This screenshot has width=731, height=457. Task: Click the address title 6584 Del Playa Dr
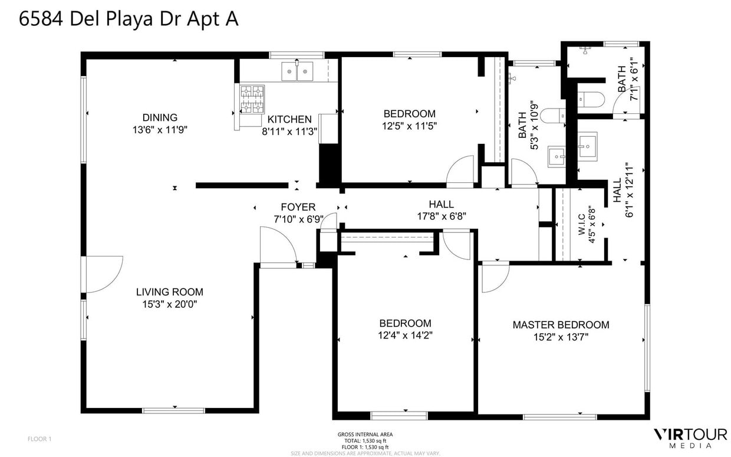click(129, 19)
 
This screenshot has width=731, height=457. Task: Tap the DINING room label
click(159, 117)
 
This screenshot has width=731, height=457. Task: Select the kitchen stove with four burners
click(252, 98)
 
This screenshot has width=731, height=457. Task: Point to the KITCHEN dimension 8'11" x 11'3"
click(290, 131)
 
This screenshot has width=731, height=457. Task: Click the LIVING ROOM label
click(169, 292)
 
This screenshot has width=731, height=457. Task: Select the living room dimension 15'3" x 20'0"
click(169, 305)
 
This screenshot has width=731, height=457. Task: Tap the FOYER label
click(298, 207)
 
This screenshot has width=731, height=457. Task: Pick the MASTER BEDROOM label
click(560, 325)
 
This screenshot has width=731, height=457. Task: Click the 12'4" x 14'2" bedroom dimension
click(405, 336)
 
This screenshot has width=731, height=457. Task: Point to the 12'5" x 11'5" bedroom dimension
click(409, 126)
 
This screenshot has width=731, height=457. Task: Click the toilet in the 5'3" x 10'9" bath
click(553, 115)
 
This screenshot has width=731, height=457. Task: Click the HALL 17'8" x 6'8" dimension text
click(441, 216)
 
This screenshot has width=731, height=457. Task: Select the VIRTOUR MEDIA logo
click(690, 437)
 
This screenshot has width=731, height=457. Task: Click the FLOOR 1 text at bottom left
click(39, 439)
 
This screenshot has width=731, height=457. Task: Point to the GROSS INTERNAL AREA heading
click(365, 435)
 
